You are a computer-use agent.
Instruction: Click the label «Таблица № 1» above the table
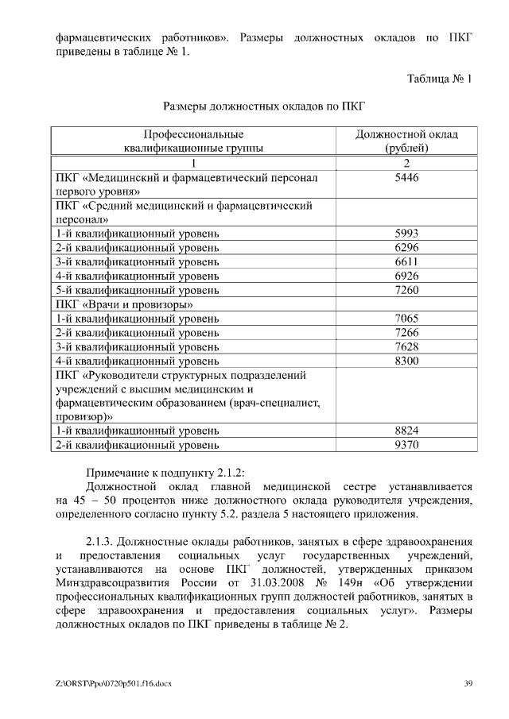[439, 79]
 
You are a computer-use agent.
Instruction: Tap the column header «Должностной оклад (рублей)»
[406, 141]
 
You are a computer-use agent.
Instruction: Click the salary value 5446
[406, 178]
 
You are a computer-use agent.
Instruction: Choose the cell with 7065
[406, 319]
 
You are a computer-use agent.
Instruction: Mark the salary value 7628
[406, 347]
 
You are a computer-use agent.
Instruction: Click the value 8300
[406, 361]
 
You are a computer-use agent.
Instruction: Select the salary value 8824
[406, 431]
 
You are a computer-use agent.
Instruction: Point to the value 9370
[406, 445]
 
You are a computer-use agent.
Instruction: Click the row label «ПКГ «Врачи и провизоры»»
[125, 304]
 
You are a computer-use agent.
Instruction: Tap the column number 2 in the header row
[406, 164]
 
